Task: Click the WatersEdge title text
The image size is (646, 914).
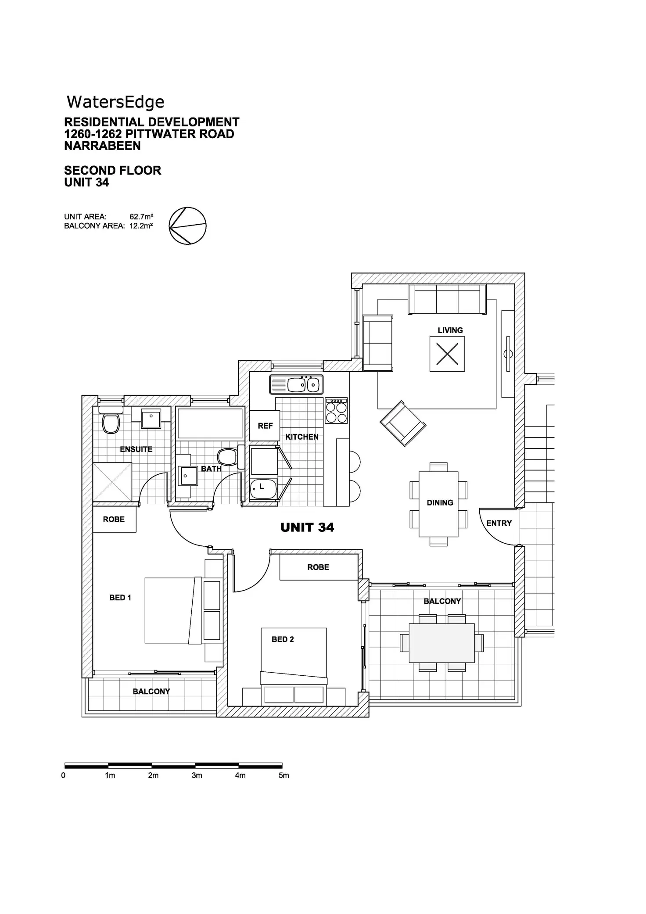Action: click(115, 102)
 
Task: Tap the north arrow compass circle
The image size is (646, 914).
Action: click(187, 226)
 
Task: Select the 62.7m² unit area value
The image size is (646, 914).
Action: click(141, 216)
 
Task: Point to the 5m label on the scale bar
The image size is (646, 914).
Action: click(284, 775)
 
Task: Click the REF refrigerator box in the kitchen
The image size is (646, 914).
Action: click(265, 426)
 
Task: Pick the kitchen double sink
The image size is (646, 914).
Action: click(297, 384)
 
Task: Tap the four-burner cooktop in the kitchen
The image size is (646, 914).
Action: click(336, 411)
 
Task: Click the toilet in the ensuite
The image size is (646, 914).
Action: click(110, 422)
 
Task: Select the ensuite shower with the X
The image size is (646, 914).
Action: click(112, 481)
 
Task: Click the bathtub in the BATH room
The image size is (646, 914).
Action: click(210, 423)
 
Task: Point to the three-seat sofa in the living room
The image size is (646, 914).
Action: click(447, 299)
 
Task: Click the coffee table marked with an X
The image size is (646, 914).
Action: click(447, 354)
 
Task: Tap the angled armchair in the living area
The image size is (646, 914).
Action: click(403, 423)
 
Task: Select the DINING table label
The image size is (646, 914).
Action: click(440, 503)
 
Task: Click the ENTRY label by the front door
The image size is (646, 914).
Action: click(499, 523)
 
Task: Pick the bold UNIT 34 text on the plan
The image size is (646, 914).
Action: click(307, 527)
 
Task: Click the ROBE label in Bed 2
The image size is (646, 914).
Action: click(318, 567)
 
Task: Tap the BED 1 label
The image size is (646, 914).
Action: click(120, 598)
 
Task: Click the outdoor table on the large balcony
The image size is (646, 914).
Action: click(441, 643)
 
